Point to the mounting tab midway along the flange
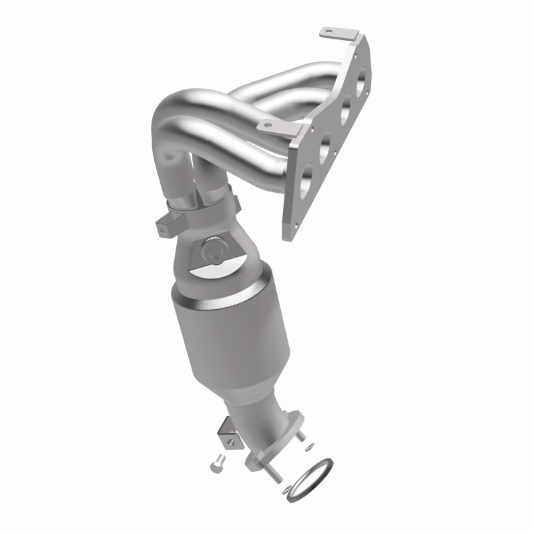coord(267,124)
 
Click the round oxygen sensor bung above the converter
coord(215,250)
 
